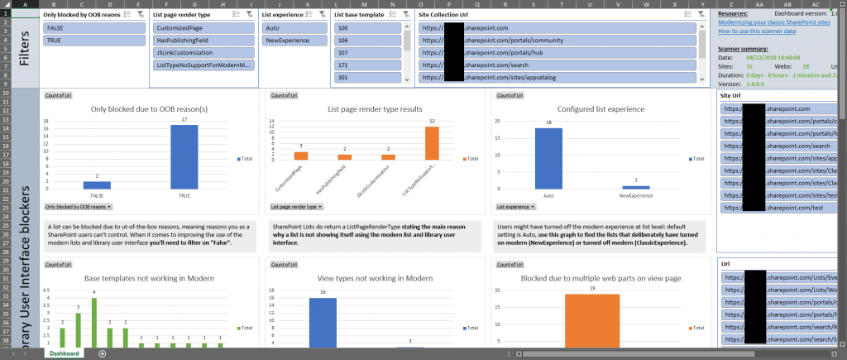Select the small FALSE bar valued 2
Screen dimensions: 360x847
pos(96,184)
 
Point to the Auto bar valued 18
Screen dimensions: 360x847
pos(548,157)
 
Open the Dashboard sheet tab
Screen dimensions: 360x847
pos(64,353)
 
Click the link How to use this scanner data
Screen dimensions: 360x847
pos(757,31)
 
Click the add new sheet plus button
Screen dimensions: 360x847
pos(102,353)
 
